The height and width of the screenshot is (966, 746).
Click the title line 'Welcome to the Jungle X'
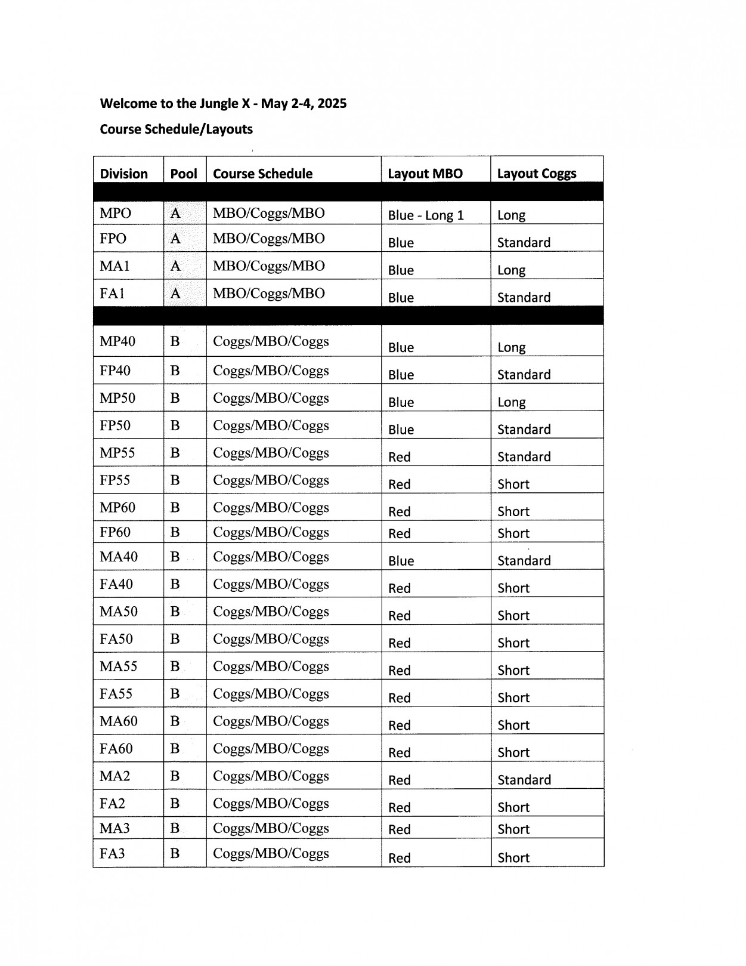click(223, 104)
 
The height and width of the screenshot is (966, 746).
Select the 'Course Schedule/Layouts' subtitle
click(176, 129)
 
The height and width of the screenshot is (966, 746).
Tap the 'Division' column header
click(123, 174)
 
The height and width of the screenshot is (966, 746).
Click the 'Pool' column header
click(184, 174)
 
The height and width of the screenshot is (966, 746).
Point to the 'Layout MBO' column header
click(425, 174)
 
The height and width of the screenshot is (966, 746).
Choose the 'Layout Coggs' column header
click(536, 174)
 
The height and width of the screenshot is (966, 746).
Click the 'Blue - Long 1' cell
click(426, 215)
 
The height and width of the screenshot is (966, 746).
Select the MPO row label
click(115, 214)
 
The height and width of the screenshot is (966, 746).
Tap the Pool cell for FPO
click(175, 239)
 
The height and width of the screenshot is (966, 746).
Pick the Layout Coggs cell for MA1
click(511, 270)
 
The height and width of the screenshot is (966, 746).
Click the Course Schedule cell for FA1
click(268, 294)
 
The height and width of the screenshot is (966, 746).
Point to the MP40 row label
click(117, 341)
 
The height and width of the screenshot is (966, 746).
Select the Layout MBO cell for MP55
click(399, 457)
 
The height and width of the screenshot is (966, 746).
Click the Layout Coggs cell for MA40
click(524, 560)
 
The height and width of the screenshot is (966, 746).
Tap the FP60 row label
click(114, 532)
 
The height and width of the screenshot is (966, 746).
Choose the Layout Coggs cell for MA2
click(524, 780)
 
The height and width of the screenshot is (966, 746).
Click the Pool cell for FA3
click(175, 853)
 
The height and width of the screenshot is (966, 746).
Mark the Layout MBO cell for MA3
click(399, 829)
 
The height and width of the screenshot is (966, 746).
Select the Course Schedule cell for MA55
click(271, 666)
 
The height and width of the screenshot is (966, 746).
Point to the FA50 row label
click(116, 639)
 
